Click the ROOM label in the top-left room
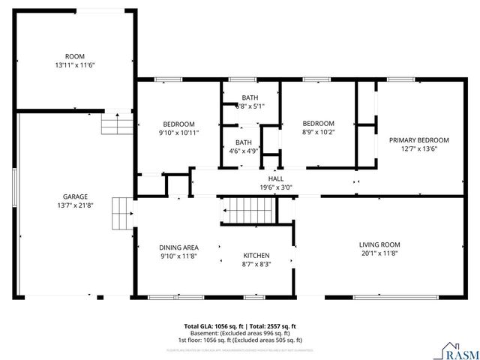pos(75,56)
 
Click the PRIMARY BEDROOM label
pos(418,139)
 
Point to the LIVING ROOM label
pos(379,244)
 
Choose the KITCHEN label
pos(256,255)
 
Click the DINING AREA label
pos(178,247)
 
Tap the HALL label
pos(276,179)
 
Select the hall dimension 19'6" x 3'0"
pos(276,188)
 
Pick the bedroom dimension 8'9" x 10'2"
pos(318,132)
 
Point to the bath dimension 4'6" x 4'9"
pos(244,150)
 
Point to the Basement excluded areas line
pos(240,333)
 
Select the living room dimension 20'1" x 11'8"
pos(379,253)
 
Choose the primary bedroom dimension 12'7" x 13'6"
pos(418,148)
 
